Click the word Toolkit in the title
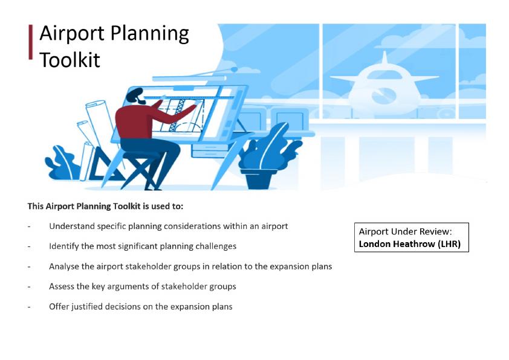point(70,59)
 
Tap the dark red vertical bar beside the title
point(30,42)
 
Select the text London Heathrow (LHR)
point(410,243)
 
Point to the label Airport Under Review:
point(405,231)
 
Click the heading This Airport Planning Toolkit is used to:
point(105,206)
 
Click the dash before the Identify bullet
point(29,246)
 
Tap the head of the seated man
point(135,96)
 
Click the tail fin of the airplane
point(384,58)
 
